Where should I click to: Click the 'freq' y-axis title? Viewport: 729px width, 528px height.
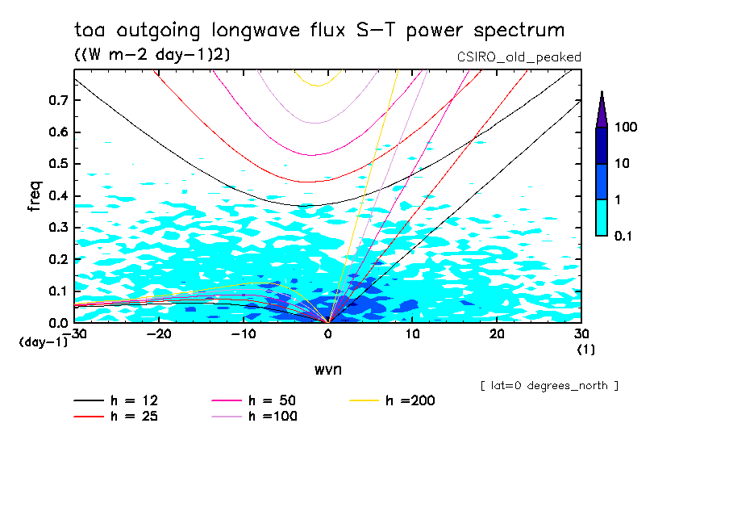34,195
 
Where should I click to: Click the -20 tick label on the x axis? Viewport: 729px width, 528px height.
159,333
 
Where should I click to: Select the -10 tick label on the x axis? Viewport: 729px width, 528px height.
244,333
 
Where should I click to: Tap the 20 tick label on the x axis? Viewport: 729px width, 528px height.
497,333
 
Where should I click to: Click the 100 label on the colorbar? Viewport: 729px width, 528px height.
627,128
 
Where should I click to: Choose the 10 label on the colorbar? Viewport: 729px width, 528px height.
623,164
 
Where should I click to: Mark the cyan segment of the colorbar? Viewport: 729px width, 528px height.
602,217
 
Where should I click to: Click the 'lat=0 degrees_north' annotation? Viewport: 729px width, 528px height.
549,386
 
